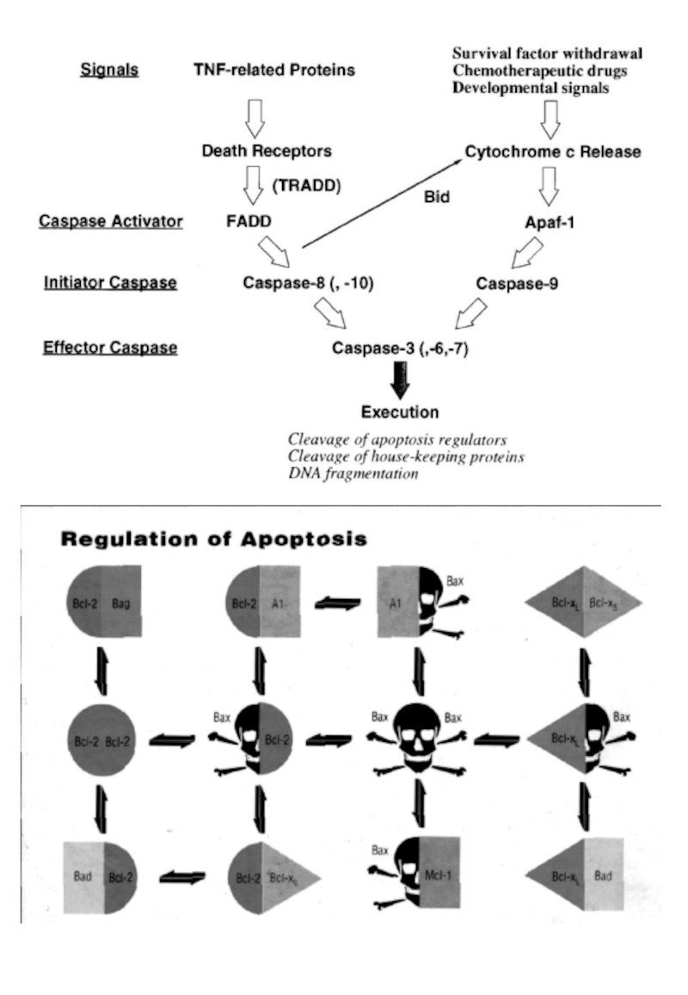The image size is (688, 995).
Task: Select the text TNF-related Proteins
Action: [273, 70]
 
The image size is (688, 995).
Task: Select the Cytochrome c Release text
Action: [553, 152]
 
